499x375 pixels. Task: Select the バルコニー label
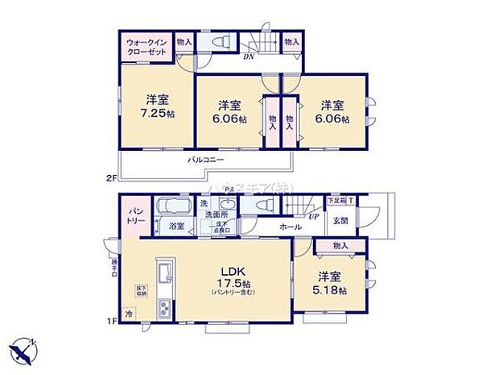coord(206,160)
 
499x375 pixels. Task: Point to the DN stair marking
coord(250,56)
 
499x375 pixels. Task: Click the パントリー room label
coord(134,216)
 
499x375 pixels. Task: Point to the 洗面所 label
coord(216,215)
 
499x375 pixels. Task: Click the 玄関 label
coord(339,220)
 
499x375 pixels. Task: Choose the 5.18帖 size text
coord(332,290)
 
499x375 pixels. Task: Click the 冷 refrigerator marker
coord(128,314)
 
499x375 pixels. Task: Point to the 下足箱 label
coord(336,199)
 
